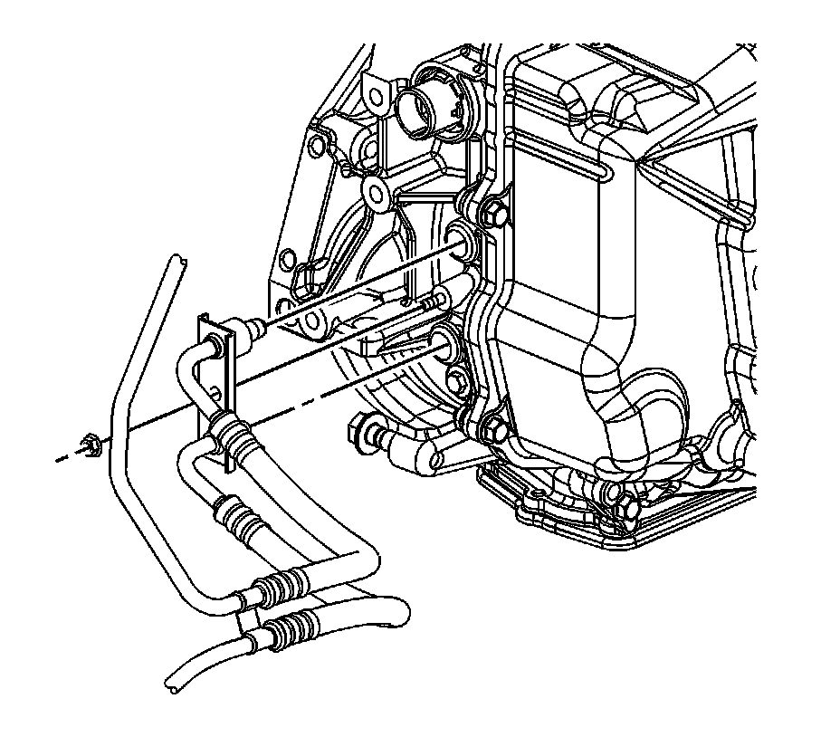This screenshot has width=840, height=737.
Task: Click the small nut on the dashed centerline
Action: [x=89, y=443]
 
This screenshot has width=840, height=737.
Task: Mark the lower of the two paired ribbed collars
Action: [x=295, y=625]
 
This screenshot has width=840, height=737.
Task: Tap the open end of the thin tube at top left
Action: [x=178, y=263]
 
